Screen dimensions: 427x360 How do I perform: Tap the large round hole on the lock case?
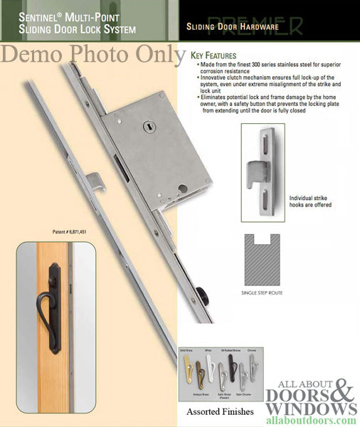point(182,189)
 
